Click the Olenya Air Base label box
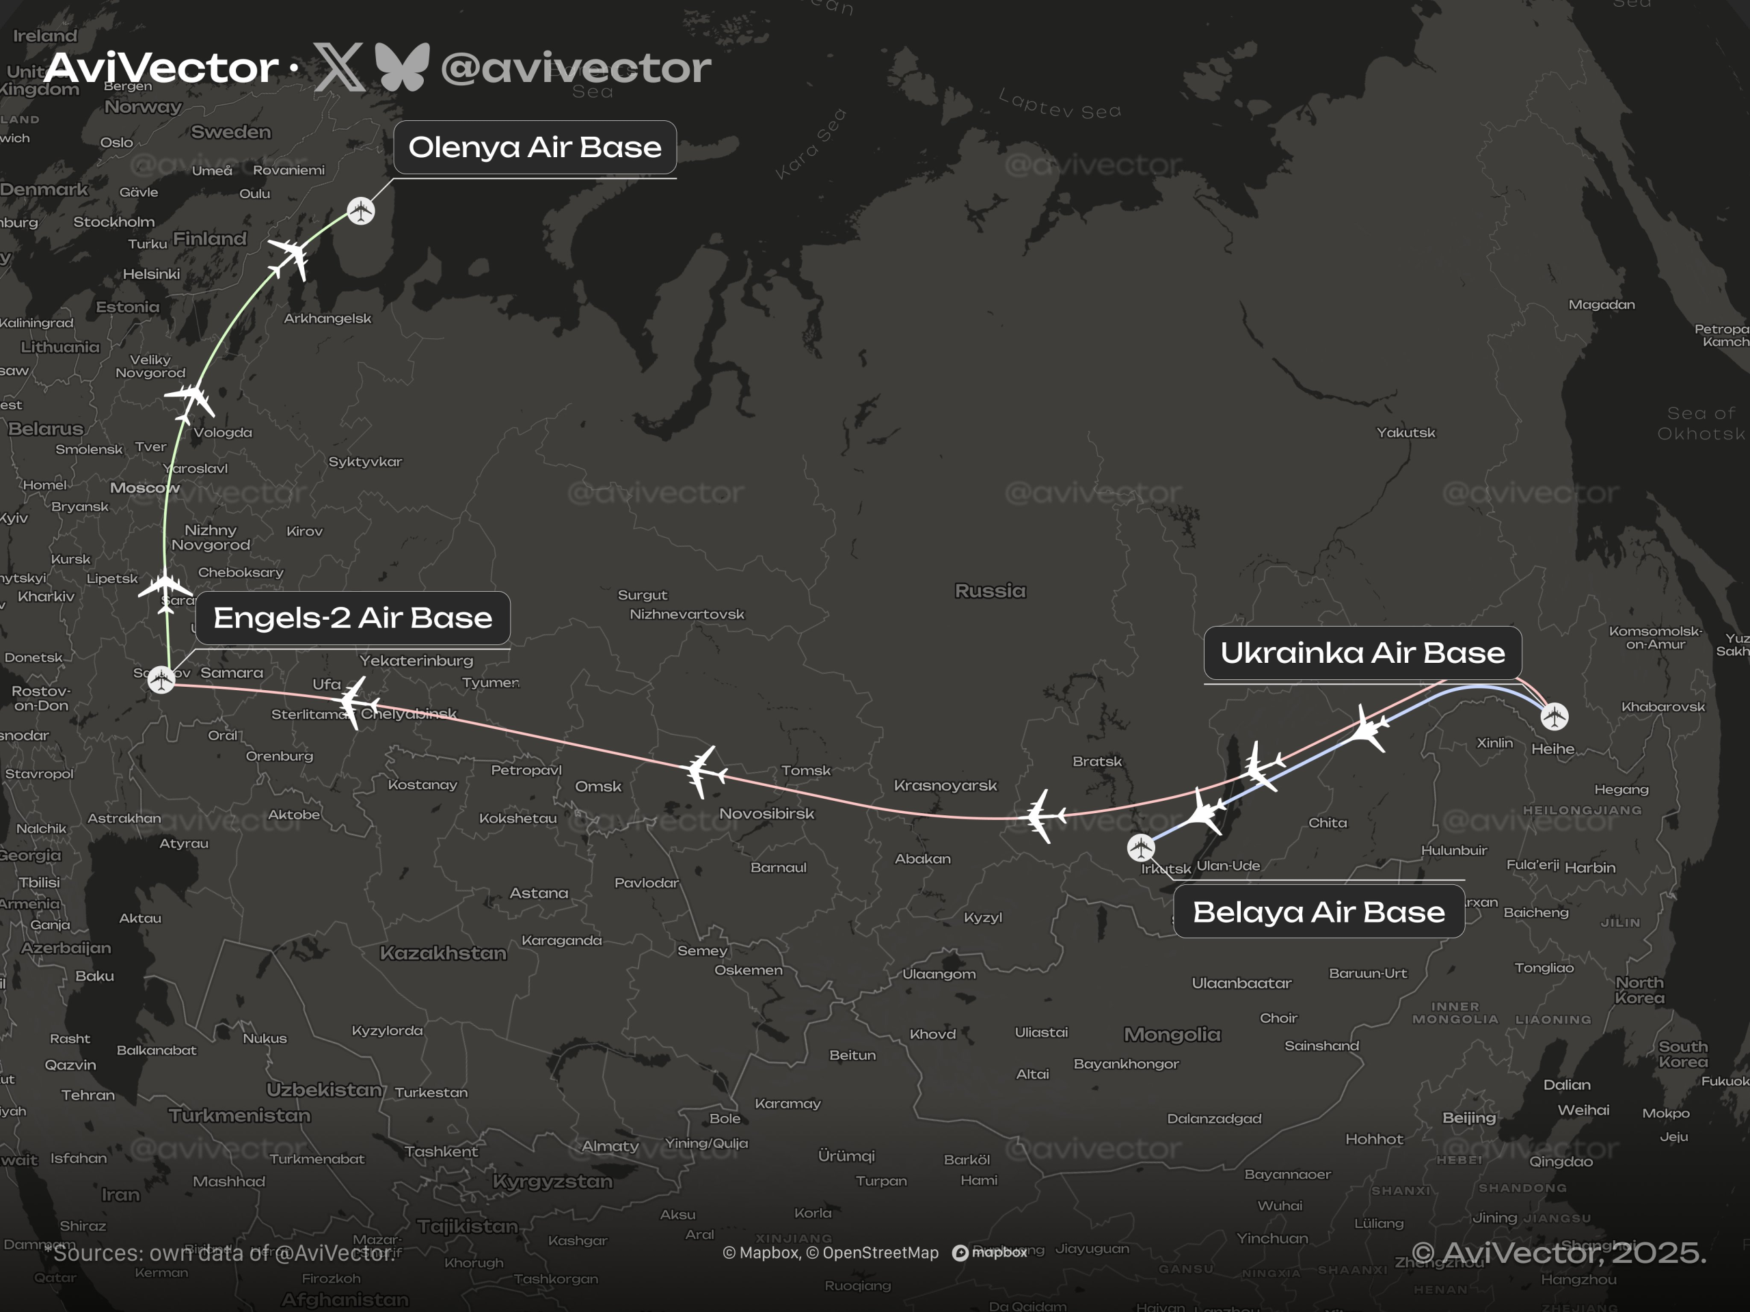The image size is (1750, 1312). pyautogui.click(x=535, y=147)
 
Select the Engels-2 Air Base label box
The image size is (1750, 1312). pyautogui.click(x=352, y=618)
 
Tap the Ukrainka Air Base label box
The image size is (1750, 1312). pyautogui.click(x=1362, y=653)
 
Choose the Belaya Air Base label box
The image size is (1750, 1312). pyautogui.click(x=1318, y=912)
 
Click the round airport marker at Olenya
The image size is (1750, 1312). pyautogui.click(x=361, y=211)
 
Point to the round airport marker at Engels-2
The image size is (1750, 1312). pyautogui.click(x=161, y=679)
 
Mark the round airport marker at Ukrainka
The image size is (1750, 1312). pyautogui.click(x=1554, y=717)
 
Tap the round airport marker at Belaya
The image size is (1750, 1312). pyautogui.click(x=1140, y=848)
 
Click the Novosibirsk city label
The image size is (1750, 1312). pyautogui.click(x=766, y=813)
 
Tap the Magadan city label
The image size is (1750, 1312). pyautogui.click(x=1600, y=305)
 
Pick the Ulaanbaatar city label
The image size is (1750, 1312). pyautogui.click(x=1241, y=983)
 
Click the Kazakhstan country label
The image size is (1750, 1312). pyautogui.click(x=443, y=953)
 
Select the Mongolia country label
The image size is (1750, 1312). pyautogui.click(x=1172, y=1035)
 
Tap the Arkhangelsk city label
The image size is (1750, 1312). pyautogui.click(x=327, y=318)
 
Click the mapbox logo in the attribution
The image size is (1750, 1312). pyautogui.click(x=990, y=1253)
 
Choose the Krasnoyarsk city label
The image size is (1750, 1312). pyautogui.click(x=945, y=785)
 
